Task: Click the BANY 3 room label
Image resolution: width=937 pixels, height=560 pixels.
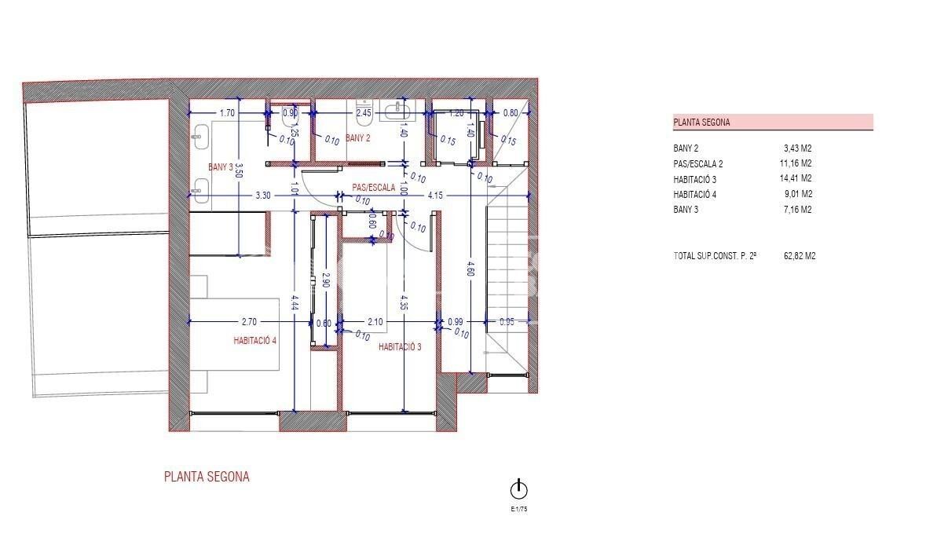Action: click(221, 167)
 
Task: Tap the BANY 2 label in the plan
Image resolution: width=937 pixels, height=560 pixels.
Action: click(357, 138)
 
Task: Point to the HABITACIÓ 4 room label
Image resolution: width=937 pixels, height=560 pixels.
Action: click(255, 340)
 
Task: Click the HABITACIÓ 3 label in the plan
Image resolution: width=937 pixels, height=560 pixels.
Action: click(400, 346)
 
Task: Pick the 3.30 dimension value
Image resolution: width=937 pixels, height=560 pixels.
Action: click(262, 196)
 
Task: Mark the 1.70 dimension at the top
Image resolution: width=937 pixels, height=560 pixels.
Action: click(227, 113)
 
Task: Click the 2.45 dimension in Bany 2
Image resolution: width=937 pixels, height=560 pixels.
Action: click(364, 113)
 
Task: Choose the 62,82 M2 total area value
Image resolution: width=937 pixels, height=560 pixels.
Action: click(800, 256)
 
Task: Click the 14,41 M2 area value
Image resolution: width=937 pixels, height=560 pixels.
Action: click(796, 179)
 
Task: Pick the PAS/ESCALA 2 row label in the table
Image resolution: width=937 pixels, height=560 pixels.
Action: click(698, 164)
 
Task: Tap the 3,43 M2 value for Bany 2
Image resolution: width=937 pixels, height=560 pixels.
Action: click(798, 148)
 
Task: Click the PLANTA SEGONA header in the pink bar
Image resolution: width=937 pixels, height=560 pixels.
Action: click(701, 123)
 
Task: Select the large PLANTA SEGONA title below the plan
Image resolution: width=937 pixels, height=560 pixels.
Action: click(207, 477)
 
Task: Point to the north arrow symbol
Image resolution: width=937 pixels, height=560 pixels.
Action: click(518, 490)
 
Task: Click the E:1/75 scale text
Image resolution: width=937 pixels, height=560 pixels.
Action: click(518, 509)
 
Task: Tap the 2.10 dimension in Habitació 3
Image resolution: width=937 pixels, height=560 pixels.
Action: click(375, 321)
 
